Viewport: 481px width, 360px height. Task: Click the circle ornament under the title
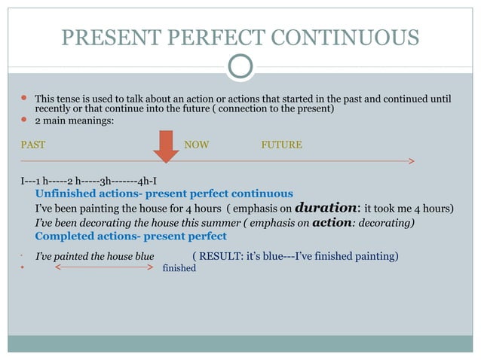coord(240,66)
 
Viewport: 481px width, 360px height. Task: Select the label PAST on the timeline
coord(32,145)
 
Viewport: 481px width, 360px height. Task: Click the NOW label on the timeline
coord(197,145)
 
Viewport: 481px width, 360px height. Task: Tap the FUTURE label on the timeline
coord(281,145)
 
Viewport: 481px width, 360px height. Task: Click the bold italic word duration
coord(327,207)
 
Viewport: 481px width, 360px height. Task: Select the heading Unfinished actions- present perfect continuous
coord(164,194)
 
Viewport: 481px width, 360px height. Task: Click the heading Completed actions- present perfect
coord(130,236)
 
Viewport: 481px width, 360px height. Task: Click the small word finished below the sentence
coord(179,267)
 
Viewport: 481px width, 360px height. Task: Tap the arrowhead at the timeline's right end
coord(411,160)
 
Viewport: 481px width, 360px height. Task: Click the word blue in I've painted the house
coord(142,257)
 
